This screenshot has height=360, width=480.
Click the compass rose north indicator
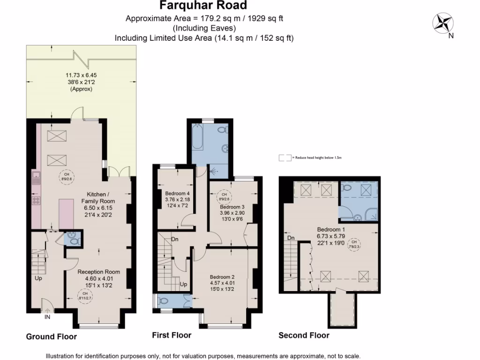[x=443, y=23]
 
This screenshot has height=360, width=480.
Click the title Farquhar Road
[x=203, y=6]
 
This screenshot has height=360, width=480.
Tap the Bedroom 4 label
[x=177, y=194]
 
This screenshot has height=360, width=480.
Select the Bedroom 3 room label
[x=232, y=207]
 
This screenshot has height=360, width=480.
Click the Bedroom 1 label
[x=330, y=230]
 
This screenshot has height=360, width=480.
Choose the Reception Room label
[x=98, y=271]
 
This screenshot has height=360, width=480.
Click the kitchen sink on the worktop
[x=36, y=178]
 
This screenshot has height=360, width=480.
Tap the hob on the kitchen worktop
[x=36, y=201]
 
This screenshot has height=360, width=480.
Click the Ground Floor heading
[x=51, y=337]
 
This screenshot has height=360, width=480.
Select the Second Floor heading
[x=304, y=335]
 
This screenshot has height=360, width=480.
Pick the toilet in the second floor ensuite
[x=347, y=188]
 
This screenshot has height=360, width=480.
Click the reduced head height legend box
[x=285, y=158]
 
